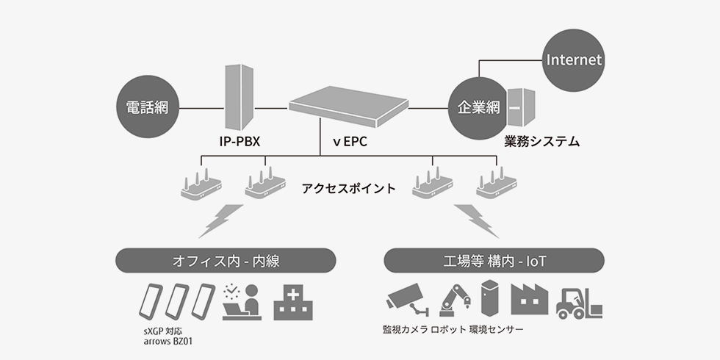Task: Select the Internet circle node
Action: (574, 60)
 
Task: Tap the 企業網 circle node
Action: (478, 108)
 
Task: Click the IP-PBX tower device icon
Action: (238, 96)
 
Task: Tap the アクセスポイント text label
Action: (348, 188)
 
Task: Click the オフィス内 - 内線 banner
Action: (226, 260)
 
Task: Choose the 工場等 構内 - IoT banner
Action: (494, 260)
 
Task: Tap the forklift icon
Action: (578, 301)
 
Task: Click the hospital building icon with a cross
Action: (293, 303)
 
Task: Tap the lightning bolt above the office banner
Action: (221, 220)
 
